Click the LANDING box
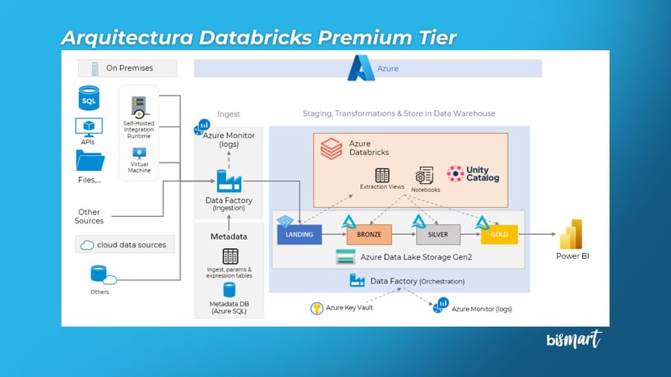tap(299, 235)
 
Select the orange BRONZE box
tap(369, 235)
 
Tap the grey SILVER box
tap(437, 235)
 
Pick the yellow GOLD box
tap(500, 235)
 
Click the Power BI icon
tap(572, 234)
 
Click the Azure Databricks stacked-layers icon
tap(331, 149)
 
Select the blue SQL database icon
tap(89, 99)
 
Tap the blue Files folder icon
tap(90, 161)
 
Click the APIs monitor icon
tap(89, 126)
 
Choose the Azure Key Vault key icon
tap(317, 309)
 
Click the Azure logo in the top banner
tap(361, 67)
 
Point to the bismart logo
tap(574, 339)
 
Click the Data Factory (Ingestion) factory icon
tap(229, 181)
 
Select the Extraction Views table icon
tap(382, 175)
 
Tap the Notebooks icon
tap(424, 175)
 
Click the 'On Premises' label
tap(127, 68)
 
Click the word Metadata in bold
tap(229, 237)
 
